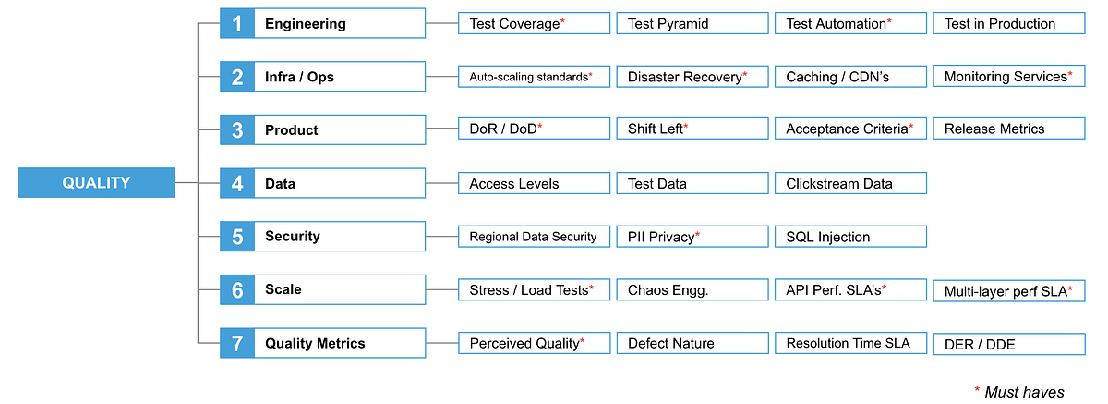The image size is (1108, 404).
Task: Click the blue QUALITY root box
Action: [x=96, y=183]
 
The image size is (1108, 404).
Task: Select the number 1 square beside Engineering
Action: [x=237, y=24]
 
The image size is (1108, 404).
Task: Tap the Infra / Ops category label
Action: [x=299, y=77]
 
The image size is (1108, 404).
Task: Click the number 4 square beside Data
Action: [x=237, y=183]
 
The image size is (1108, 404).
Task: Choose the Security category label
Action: [x=292, y=236]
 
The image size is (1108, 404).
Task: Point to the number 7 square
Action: [x=237, y=343]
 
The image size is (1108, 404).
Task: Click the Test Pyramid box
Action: [x=692, y=24]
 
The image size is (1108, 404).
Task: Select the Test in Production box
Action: [x=1008, y=24]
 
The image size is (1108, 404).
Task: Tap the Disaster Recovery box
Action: [x=692, y=77]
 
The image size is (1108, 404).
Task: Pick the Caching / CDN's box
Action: [x=849, y=77]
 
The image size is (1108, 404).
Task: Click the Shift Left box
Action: [x=692, y=129]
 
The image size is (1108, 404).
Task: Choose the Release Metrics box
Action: [x=1008, y=129]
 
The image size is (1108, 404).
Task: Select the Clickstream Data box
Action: [x=849, y=183]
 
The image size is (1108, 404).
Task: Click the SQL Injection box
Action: [x=849, y=237]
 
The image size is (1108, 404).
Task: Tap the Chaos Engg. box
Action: [x=692, y=290]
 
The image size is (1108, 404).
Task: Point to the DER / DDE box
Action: [x=1008, y=344]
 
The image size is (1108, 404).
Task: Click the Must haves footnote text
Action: [x=1024, y=392]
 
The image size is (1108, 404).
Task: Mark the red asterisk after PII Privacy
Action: [x=698, y=235]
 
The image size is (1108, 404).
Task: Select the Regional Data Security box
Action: [x=534, y=237]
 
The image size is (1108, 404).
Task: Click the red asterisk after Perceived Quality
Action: [x=583, y=341]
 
